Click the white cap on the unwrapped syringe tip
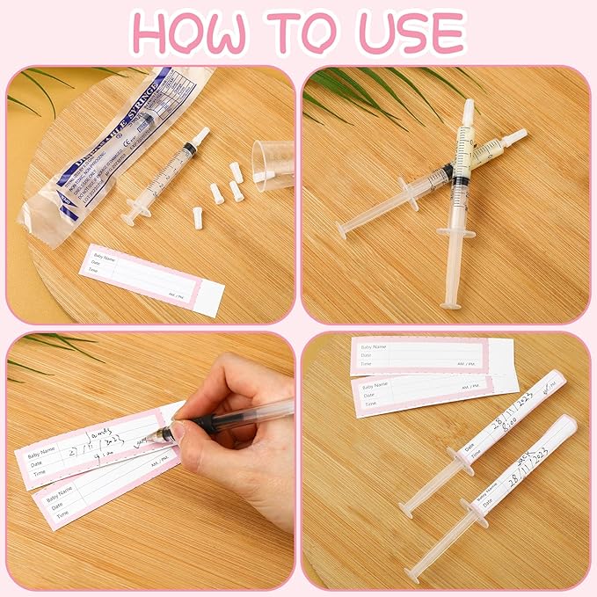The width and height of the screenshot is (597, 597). click(x=200, y=136)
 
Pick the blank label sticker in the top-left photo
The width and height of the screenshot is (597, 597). click(x=151, y=279)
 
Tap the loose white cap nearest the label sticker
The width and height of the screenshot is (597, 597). click(x=198, y=218)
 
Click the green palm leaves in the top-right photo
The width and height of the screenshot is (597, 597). click(x=369, y=97)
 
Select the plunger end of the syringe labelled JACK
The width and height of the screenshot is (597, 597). click(x=412, y=576)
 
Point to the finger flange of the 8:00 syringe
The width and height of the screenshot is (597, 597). click(x=460, y=462)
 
